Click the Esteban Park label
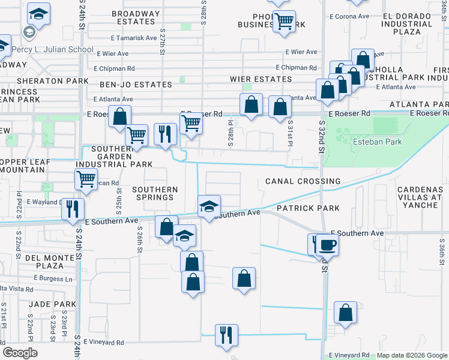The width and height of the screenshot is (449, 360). point(377,142)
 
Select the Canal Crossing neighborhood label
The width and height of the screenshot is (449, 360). point(303,181)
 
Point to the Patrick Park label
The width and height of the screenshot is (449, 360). point(308,208)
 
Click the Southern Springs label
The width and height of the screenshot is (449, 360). point(155,193)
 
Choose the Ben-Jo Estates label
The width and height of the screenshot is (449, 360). point(135,85)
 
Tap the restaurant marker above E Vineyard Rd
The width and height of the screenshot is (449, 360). point(226,334)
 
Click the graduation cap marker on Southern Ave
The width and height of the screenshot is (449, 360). point(209,206)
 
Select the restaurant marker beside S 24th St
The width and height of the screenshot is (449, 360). point(73,209)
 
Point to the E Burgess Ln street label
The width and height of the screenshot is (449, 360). point(53,278)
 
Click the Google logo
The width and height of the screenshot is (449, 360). point(20,352)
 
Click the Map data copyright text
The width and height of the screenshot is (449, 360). point(411,355)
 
